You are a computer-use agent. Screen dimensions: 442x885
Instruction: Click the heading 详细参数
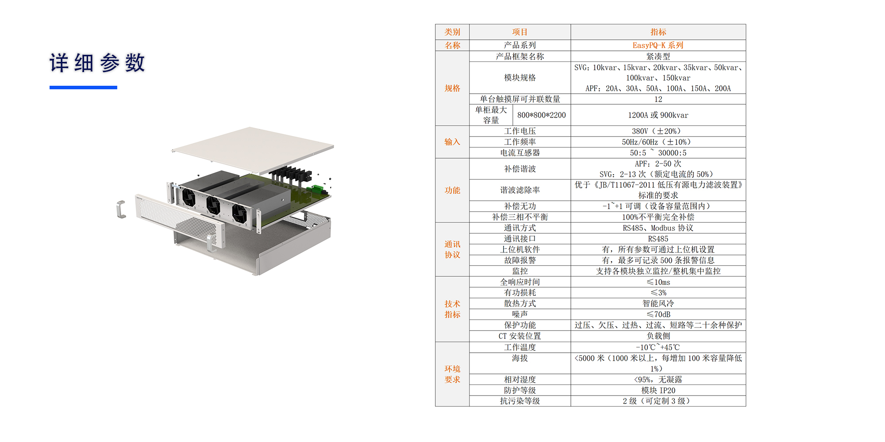pos(97,63)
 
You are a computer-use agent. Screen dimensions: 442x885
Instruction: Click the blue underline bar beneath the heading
pos(83,88)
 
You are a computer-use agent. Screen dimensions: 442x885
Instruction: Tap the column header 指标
pos(658,32)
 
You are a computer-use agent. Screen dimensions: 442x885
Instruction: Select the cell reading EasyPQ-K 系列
pos(658,45)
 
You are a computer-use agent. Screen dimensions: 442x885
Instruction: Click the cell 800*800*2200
pos(541,115)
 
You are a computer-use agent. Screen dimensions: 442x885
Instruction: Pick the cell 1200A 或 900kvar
pos(658,115)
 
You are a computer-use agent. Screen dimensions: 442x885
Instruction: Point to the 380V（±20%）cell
pos(658,131)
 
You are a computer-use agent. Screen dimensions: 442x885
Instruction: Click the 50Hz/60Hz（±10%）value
pos(658,142)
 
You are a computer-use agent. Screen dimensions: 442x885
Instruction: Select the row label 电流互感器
pos(520,153)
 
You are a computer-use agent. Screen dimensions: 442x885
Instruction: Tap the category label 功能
pos(452,191)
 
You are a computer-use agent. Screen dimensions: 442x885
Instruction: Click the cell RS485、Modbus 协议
pos(658,228)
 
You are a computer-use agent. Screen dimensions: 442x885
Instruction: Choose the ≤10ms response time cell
pos(658,282)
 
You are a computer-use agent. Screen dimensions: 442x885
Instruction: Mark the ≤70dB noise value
pos(658,314)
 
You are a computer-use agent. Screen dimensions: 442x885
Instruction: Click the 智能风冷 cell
pos(658,304)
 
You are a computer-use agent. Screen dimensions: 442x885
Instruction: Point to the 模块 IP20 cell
pos(658,390)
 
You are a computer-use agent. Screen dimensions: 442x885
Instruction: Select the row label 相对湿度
pos(520,380)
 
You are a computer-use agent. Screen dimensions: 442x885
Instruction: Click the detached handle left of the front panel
pos(121,209)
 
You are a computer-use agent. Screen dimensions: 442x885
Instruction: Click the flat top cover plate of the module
pos(252,148)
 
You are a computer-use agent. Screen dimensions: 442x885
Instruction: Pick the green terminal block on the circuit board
pos(317,190)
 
